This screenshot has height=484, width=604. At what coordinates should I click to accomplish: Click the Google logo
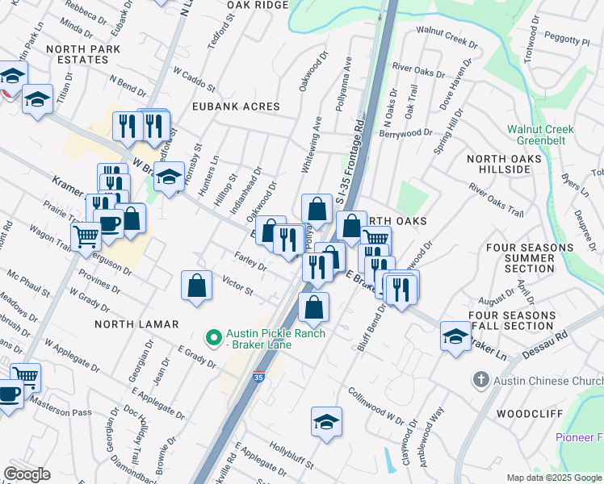27,474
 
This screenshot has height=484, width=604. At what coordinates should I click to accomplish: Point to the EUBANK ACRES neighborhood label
235,106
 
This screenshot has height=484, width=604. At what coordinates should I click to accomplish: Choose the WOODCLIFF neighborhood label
523,412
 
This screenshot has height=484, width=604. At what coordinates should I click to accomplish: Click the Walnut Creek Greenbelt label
540,136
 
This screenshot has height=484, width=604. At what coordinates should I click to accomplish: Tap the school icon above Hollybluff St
326,421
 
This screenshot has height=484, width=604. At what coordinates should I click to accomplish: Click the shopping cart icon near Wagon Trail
86,236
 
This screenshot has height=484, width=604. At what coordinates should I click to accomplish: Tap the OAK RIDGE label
258,5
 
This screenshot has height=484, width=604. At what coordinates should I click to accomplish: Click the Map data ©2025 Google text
553,478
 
